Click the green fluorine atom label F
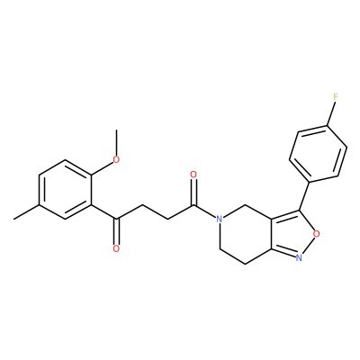(336, 96)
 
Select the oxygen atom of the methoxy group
(116, 159)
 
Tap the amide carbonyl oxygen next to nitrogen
(193, 175)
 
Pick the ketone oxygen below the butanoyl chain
(116, 248)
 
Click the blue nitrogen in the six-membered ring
(220, 219)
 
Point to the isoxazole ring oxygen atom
(316, 233)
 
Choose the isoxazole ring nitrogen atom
(299, 257)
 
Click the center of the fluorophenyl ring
(319, 154)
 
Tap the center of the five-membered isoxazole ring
(292, 233)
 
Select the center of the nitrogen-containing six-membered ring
(246, 234)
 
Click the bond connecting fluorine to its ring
(330, 113)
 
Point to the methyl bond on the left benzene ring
(26, 211)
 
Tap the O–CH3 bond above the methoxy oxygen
(116, 142)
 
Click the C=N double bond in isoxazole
(283, 252)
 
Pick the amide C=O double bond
(193, 192)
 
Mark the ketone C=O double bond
(116, 232)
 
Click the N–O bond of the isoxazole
(308, 245)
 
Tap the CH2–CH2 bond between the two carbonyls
(155, 211)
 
